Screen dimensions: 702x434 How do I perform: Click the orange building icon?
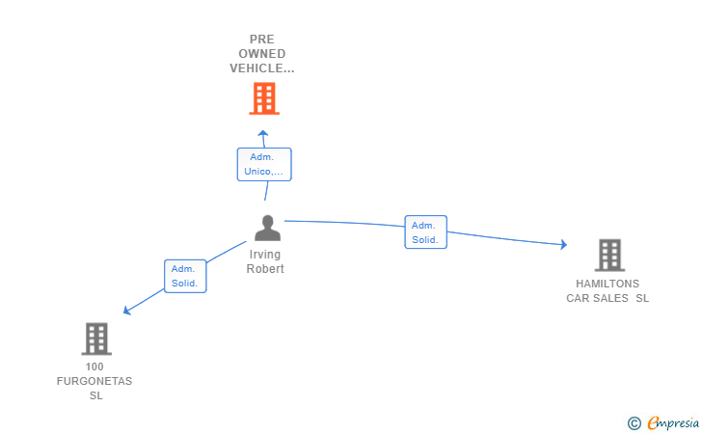264,98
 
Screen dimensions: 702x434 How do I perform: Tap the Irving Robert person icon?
268,228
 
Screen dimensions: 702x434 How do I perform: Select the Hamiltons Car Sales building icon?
609,256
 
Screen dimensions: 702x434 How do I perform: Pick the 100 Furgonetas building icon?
96,339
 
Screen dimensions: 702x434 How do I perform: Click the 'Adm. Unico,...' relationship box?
264,164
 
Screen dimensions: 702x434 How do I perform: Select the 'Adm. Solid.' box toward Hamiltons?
426,232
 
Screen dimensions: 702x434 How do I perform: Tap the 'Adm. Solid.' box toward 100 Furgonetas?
185,276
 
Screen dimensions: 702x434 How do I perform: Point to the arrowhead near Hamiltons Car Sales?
564,244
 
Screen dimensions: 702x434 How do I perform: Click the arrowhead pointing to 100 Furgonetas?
126,310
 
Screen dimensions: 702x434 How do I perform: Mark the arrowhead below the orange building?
263,133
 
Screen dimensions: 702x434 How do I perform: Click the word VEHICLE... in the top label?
262,68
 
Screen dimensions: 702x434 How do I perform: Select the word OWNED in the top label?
262,54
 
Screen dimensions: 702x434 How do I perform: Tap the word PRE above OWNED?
262,40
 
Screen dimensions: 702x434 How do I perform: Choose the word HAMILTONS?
607,284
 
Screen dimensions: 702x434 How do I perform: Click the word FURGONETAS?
94,381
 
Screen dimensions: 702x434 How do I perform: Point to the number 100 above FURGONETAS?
94,366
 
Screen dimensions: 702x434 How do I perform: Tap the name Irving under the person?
265,255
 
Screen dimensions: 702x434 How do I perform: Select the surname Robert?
265,269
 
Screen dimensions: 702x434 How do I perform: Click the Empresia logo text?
673,422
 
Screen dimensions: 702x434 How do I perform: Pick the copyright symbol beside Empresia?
634,423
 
